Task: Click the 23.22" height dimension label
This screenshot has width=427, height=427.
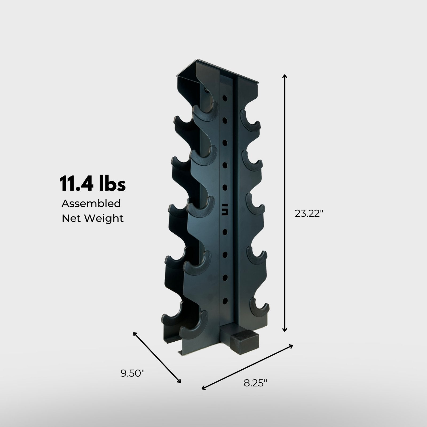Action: (x=309, y=213)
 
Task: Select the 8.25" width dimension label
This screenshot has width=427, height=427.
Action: (x=255, y=383)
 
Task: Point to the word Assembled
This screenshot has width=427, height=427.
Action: (x=91, y=204)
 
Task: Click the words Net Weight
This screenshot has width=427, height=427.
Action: (x=93, y=218)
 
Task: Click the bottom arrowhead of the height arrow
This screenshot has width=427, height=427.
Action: (x=285, y=330)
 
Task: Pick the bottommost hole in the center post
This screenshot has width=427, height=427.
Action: (x=225, y=301)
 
